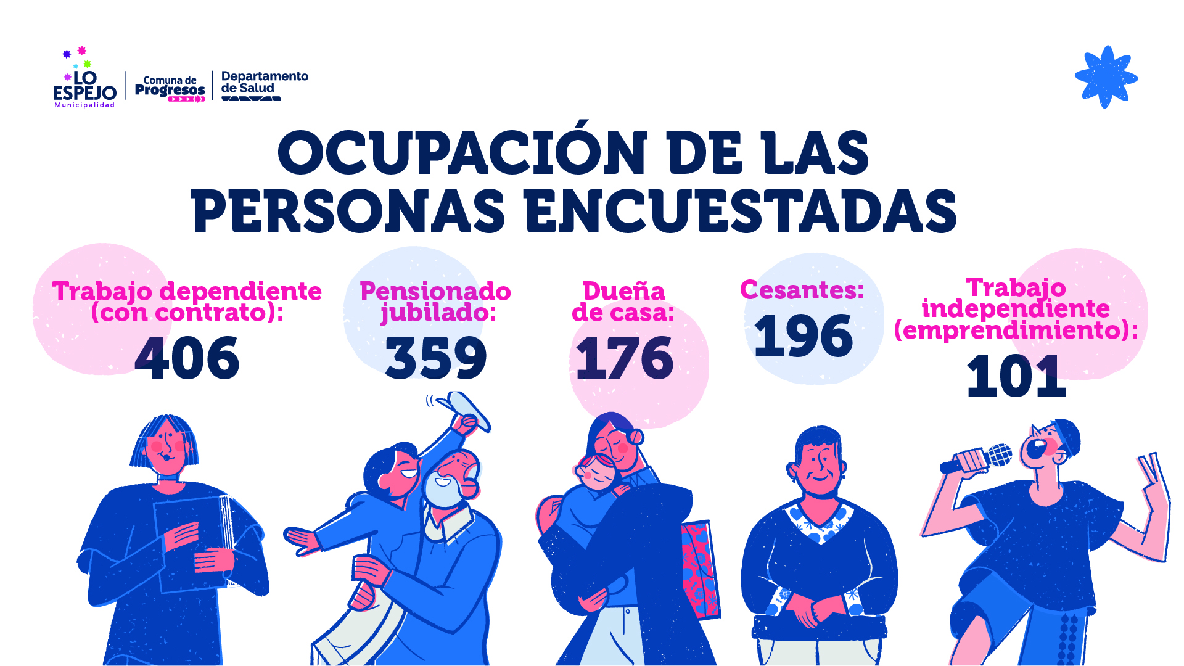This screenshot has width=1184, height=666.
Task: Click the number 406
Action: click(x=187, y=358)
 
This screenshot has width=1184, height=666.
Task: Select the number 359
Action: click(x=436, y=358)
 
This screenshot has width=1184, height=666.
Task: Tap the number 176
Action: click(x=624, y=358)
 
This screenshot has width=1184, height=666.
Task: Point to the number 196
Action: click(x=804, y=336)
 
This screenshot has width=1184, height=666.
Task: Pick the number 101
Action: click(x=1016, y=376)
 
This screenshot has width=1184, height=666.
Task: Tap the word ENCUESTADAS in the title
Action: click(x=740, y=212)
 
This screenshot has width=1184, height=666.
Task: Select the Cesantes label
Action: click(x=802, y=290)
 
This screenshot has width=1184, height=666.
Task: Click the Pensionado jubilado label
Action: click(x=435, y=302)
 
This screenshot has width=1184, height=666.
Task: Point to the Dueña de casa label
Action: click(x=623, y=302)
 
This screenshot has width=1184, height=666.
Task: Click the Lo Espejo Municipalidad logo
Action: click(x=84, y=80)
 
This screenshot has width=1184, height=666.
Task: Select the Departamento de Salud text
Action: click(x=264, y=82)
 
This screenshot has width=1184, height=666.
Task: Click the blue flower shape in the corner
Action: click(x=1106, y=77)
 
